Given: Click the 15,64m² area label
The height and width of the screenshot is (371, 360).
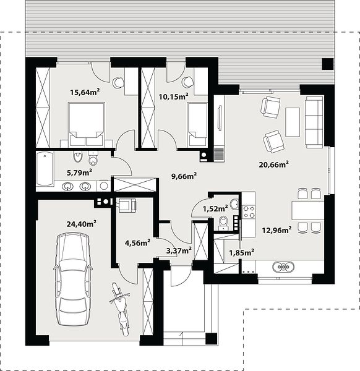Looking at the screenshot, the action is [85, 92].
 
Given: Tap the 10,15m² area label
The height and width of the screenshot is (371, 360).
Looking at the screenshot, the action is [173, 96].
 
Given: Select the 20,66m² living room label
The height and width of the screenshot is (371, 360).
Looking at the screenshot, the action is [273, 164].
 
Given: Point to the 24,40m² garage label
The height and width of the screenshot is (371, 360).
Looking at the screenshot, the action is [82, 224].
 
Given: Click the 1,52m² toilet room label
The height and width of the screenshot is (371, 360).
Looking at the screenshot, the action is [215, 209].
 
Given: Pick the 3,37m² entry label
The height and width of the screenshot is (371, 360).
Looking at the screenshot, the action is [179, 250].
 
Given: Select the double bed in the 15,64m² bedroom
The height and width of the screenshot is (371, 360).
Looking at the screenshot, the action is [87, 124].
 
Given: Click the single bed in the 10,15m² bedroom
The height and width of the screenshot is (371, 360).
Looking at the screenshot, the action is [197, 124].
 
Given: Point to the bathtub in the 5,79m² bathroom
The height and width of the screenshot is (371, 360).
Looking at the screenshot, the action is [45, 169].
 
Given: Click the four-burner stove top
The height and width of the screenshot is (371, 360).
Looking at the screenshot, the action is [249, 211].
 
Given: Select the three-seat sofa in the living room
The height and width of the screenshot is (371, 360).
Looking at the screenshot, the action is [314, 122].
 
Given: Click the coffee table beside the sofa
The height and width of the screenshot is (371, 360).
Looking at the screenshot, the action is [293, 122].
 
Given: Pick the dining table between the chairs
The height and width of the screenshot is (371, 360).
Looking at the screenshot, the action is [307, 210].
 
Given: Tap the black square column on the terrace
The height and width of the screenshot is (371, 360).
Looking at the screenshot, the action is [328, 64].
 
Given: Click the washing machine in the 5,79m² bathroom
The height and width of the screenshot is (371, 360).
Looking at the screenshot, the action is [103, 185].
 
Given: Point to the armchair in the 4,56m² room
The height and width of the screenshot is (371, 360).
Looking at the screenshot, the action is [127, 205].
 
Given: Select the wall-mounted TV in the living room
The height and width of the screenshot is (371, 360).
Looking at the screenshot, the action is [220, 118].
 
